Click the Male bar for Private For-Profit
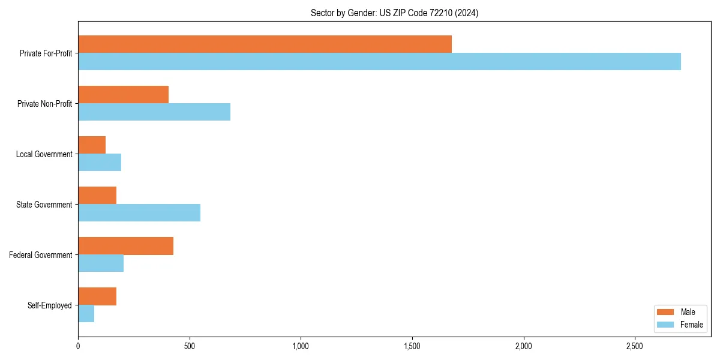coord(265,44)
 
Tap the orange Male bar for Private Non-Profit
coord(123,95)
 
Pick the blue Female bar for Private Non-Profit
coord(154,112)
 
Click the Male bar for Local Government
coord(92,145)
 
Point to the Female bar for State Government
coord(139,212)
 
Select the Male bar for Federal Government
coord(125,246)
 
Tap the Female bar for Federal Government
coord(101,263)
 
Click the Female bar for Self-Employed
coord(86,313)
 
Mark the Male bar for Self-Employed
coord(97,296)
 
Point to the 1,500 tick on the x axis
coord(412,346)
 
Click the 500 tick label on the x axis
coord(190,346)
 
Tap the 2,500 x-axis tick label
coord(635,346)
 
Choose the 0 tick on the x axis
coord(78,346)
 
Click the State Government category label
coord(44,205)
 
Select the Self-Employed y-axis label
coord(49,305)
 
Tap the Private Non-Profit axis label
coord(44,104)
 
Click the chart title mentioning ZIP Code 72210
coord(394,13)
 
